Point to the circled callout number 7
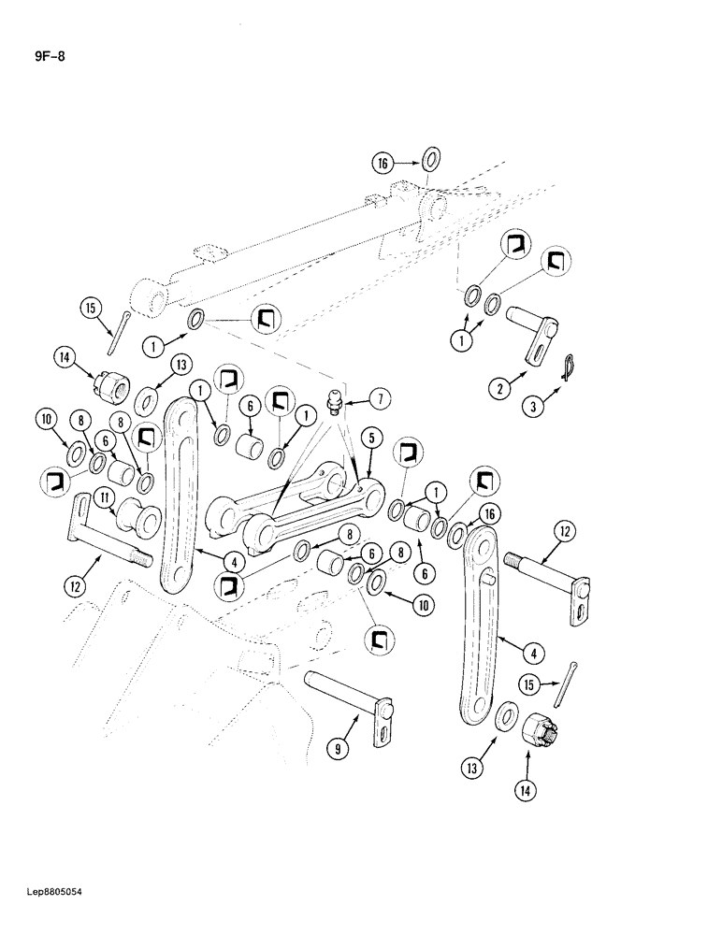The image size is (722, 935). (x=357, y=399)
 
